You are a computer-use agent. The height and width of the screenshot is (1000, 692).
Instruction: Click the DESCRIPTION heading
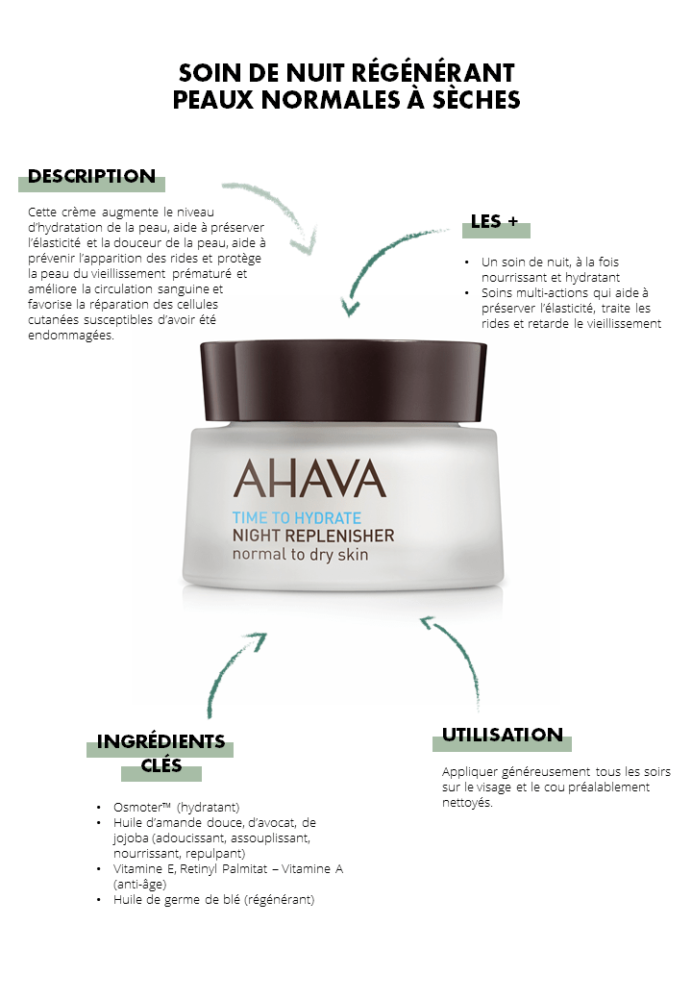coord(91,176)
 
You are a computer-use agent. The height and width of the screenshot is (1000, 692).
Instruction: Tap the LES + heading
coord(494,221)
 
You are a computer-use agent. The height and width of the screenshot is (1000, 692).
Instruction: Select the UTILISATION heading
coord(503,735)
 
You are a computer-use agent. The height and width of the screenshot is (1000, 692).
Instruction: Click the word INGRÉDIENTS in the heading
coord(161,741)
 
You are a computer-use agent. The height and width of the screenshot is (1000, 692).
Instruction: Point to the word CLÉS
coord(161,765)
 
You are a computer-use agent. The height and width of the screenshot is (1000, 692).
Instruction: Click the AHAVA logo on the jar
coord(309,479)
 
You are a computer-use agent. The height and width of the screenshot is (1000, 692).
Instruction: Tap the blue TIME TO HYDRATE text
coord(297,518)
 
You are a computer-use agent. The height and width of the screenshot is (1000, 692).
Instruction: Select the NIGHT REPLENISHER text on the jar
coord(313,536)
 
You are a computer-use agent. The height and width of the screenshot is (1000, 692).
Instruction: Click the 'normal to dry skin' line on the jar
coord(300,554)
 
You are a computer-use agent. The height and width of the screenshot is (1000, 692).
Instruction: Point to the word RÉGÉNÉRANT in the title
coord(432,73)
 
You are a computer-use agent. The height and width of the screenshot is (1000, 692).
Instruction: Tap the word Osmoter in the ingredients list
coord(138,808)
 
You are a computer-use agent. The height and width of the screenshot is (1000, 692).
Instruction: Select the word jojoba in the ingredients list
coord(131,838)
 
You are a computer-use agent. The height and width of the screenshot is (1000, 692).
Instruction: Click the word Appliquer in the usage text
coord(470,772)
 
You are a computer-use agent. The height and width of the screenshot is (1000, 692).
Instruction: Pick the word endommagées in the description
coord(71,336)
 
